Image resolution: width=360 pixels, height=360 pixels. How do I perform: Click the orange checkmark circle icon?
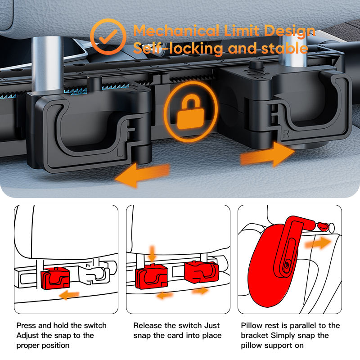107,38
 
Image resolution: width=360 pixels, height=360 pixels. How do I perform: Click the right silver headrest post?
293,49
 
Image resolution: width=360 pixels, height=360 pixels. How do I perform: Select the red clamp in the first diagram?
54,279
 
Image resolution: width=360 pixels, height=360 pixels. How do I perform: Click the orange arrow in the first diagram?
70,295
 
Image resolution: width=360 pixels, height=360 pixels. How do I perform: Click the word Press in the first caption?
27,325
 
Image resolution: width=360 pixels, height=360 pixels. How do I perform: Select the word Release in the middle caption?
147,325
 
